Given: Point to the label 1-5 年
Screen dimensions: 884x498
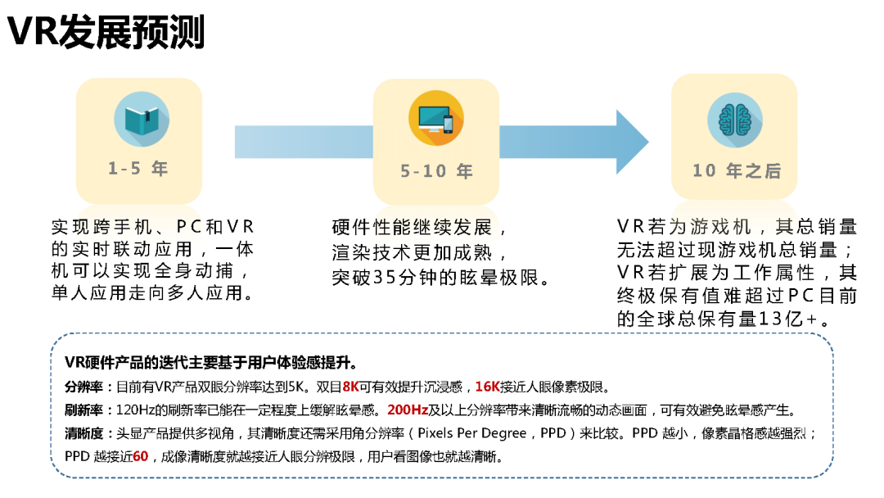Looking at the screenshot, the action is click(138, 169).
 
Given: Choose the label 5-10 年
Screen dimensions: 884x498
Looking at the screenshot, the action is click(436, 171).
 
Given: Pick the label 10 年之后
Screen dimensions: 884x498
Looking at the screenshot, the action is click(736, 171).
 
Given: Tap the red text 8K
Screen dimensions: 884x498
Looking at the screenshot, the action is click(350, 387).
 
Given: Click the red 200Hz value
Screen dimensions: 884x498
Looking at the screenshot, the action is click(408, 410).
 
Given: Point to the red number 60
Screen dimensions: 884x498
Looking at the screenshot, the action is click(140, 456).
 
